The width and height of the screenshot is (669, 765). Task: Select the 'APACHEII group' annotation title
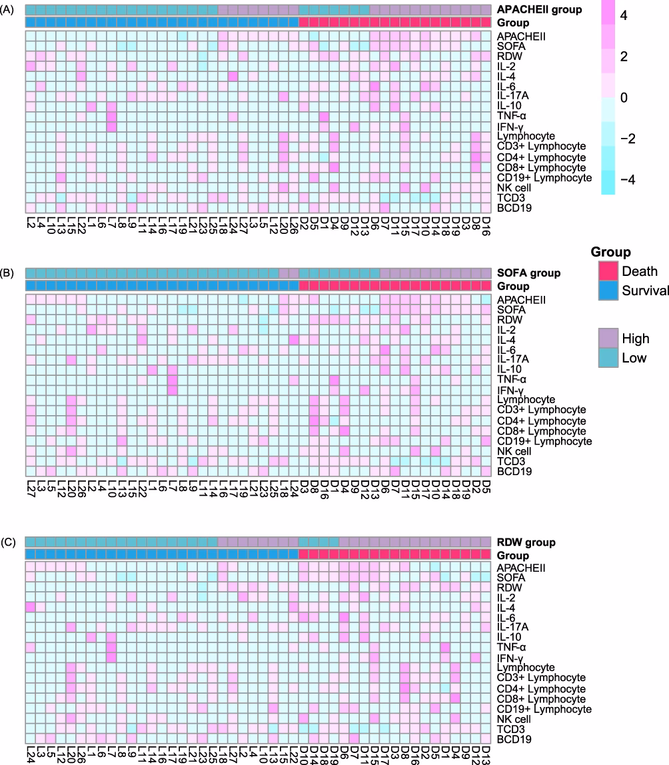click(539, 9)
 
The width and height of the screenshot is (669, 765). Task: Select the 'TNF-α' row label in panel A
click(512, 116)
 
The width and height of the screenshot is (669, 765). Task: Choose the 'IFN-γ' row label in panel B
click(510, 390)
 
